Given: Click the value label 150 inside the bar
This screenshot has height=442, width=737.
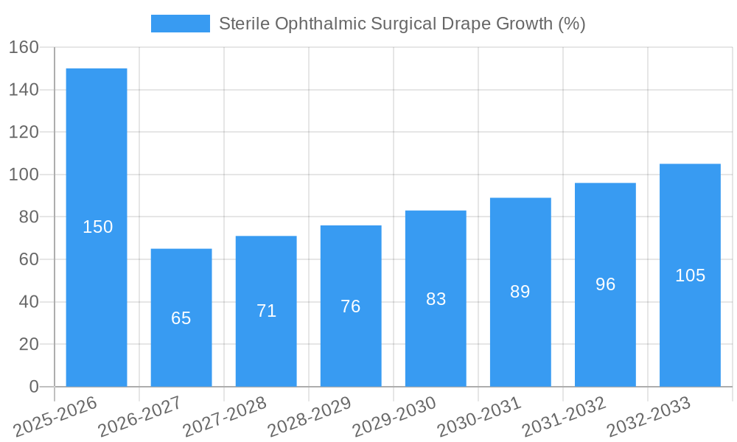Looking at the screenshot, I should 97,227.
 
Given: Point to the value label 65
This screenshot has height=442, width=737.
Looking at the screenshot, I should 181,318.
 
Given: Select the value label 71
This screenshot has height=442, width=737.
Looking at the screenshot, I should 266,311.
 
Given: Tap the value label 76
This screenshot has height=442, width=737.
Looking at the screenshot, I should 351,306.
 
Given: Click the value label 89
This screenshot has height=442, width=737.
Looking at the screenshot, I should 520,292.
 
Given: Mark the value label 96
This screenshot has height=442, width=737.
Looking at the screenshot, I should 605,284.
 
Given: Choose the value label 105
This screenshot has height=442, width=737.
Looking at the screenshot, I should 690,276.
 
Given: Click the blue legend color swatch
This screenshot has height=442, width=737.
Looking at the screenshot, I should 180,24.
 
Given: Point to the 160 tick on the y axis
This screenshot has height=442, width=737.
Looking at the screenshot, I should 24,47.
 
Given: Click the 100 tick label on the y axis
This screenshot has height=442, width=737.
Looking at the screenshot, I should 24,175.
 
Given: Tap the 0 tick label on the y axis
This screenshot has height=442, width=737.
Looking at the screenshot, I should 33,387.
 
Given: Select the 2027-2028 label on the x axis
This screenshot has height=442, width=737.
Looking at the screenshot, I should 226,417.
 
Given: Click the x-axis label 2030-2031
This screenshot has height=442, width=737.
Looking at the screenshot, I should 480,417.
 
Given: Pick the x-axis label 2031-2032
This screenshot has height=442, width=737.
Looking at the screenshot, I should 565,417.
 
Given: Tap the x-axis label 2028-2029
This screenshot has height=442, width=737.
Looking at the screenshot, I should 310,417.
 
